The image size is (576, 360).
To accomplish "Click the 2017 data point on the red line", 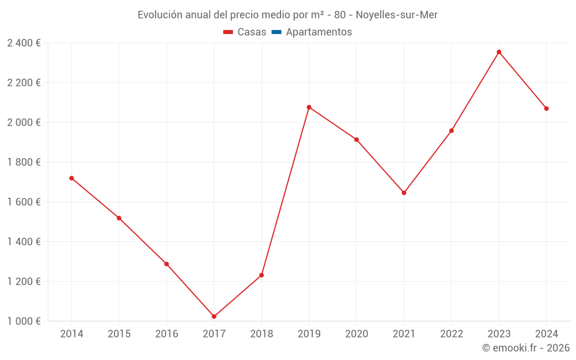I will click(x=214, y=316).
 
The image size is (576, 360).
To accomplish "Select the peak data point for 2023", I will click(x=499, y=52).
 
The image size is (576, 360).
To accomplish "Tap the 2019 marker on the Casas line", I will click(x=309, y=107).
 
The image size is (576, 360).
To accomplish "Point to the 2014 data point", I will click(x=71, y=178).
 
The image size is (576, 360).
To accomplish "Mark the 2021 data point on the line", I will click(x=404, y=193).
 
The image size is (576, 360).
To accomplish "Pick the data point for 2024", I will click(x=546, y=108).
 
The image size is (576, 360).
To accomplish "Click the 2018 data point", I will click(x=262, y=275).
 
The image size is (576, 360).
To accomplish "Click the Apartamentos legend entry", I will click(x=319, y=32).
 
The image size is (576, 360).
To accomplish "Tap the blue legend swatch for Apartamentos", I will click(x=276, y=32).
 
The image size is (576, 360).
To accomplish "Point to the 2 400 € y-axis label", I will click(x=24, y=43).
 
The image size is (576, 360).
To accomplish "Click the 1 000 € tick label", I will click(x=24, y=321).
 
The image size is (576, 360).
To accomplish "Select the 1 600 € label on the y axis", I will click(x=24, y=202).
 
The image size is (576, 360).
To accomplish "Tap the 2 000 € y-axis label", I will click(x=24, y=123).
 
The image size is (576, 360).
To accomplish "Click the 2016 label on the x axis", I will click(x=166, y=334).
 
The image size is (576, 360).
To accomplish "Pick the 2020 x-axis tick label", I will click(x=357, y=334).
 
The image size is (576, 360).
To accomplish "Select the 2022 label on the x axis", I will click(x=451, y=334).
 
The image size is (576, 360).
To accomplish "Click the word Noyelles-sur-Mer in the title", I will click(x=397, y=15).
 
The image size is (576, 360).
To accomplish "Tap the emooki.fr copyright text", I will click(x=526, y=348).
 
